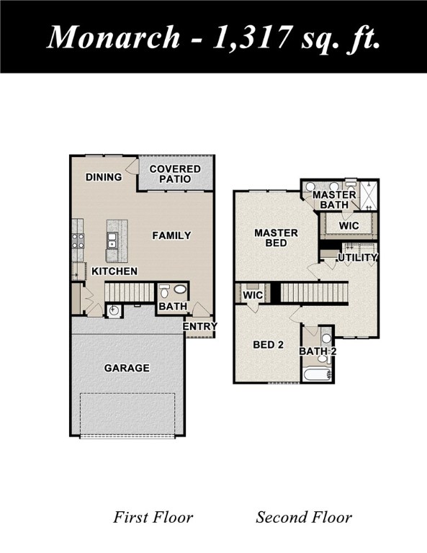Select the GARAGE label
127,368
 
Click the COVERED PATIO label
175,174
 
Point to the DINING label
104,177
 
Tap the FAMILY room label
171,235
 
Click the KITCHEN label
114,271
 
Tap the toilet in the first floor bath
165,292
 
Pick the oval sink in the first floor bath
180,290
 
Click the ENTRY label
199,327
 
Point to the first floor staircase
130,292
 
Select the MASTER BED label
276,238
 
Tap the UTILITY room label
357,258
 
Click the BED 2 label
267,345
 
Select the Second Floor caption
304,517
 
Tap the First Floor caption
153,517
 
